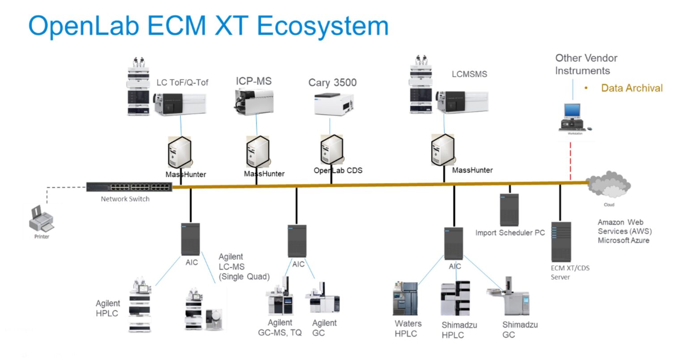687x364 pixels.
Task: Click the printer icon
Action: (x=41, y=219)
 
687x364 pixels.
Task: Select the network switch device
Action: (x=129, y=187)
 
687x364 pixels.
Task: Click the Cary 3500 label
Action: (x=332, y=83)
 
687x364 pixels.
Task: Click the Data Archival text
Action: (x=632, y=88)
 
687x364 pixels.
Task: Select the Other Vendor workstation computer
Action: (x=574, y=117)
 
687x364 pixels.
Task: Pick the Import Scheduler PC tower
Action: (x=509, y=210)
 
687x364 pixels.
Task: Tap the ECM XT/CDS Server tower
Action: (x=561, y=242)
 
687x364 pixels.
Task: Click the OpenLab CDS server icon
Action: (x=331, y=150)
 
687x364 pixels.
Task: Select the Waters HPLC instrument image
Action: (x=405, y=299)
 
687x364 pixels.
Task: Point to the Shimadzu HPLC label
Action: (x=459, y=330)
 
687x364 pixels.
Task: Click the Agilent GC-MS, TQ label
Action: (x=280, y=328)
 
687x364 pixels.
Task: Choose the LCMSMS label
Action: (x=469, y=74)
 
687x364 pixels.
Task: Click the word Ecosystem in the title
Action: (x=322, y=26)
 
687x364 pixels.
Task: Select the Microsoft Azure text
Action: (x=623, y=240)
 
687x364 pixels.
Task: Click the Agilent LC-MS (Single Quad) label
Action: (x=244, y=267)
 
